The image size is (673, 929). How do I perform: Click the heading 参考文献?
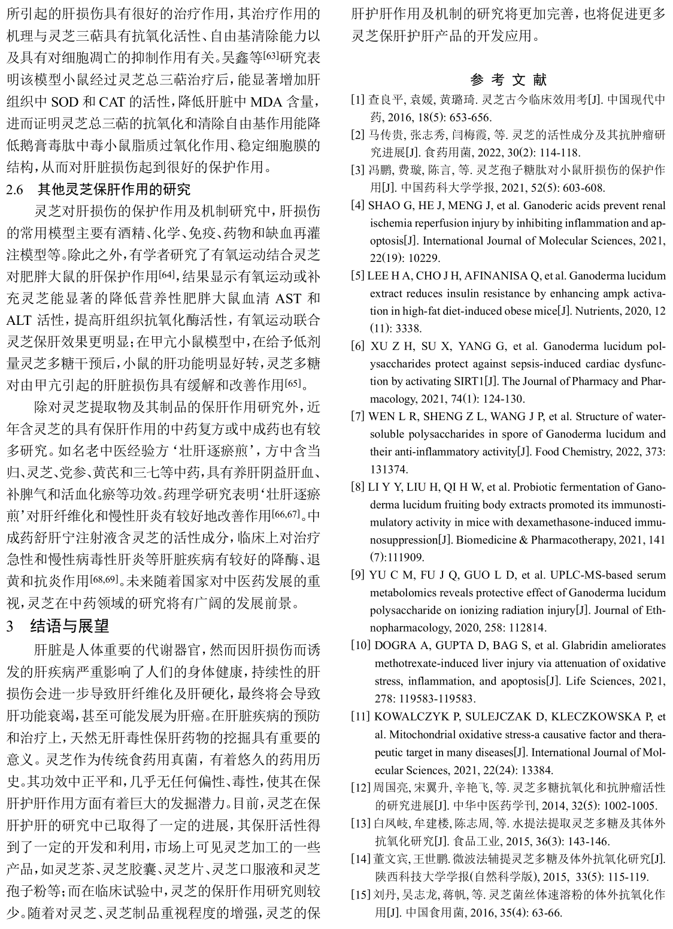[508, 80]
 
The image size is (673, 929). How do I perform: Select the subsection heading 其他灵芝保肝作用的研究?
[114, 189]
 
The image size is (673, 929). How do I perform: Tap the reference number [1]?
[357, 99]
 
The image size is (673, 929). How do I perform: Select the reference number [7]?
[357, 417]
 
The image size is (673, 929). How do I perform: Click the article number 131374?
[389, 469]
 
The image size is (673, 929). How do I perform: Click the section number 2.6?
[16, 190]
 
